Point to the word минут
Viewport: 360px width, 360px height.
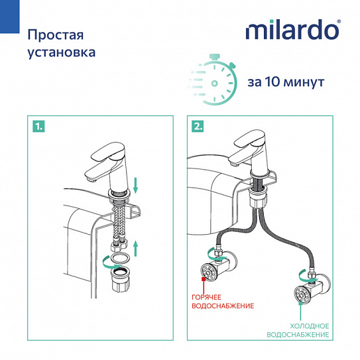point(307,83)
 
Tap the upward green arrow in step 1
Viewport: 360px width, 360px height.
point(136,251)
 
